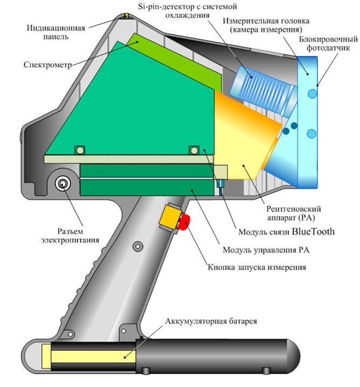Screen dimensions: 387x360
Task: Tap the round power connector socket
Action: [63, 184]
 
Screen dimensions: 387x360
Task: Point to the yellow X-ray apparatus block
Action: [245, 140]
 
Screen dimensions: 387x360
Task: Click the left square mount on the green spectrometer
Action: [80, 149]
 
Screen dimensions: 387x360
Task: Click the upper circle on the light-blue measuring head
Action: [312, 94]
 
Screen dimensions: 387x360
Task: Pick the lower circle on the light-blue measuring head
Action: [312, 133]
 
